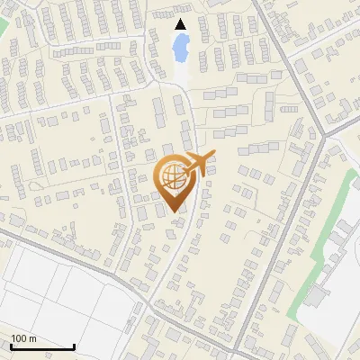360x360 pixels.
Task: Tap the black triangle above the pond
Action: click(x=181, y=24)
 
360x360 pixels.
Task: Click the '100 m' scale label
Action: click(x=23, y=338)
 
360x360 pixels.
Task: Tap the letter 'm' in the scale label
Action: click(x=32, y=338)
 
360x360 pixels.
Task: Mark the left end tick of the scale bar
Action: click(x=11, y=345)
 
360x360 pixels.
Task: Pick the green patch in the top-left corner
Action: click(x=3, y=27)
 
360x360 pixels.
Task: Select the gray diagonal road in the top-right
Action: click(x=283, y=54)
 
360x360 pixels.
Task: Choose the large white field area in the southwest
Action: click(x=63, y=297)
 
